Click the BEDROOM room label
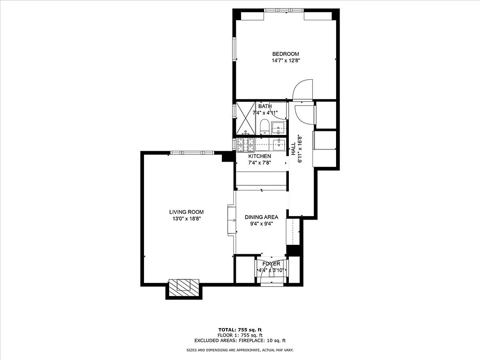(x=285, y=54)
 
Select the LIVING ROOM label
(x=186, y=212)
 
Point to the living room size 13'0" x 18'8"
(x=186, y=219)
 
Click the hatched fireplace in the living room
(x=183, y=286)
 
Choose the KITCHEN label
(x=260, y=156)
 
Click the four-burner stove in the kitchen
(x=247, y=144)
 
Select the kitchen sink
(x=279, y=144)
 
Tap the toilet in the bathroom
(x=265, y=126)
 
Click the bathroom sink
(x=278, y=128)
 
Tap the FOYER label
(x=271, y=264)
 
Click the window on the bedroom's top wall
(x=283, y=10)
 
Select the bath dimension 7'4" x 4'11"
(x=265, y=112)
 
